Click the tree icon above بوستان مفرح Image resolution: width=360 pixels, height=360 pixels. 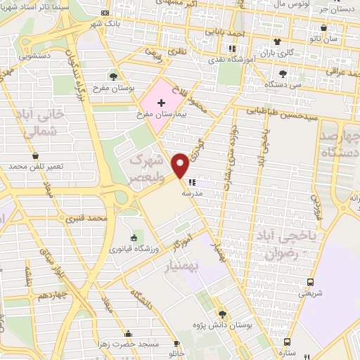pos(112,76)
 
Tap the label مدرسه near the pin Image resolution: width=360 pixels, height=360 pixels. pos(193,192)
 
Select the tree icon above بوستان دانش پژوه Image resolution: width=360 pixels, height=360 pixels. pos(221,314)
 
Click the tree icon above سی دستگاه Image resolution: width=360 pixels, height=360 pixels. pos(283,74)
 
